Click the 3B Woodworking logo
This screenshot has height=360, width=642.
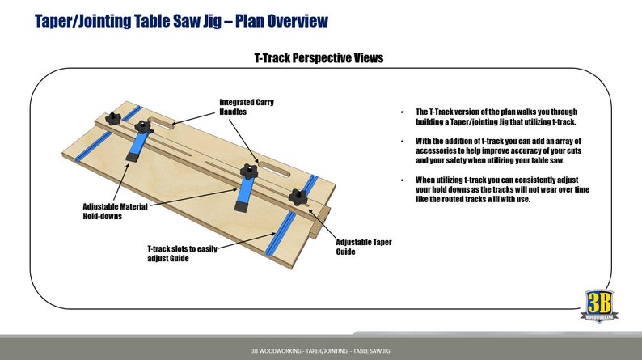(x=601, y=307)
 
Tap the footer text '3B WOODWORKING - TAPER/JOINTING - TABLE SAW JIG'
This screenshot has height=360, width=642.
(x=320, y=350)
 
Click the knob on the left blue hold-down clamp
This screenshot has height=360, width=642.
(x=144, y=127)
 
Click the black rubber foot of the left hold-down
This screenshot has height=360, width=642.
(x=129, y=155)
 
